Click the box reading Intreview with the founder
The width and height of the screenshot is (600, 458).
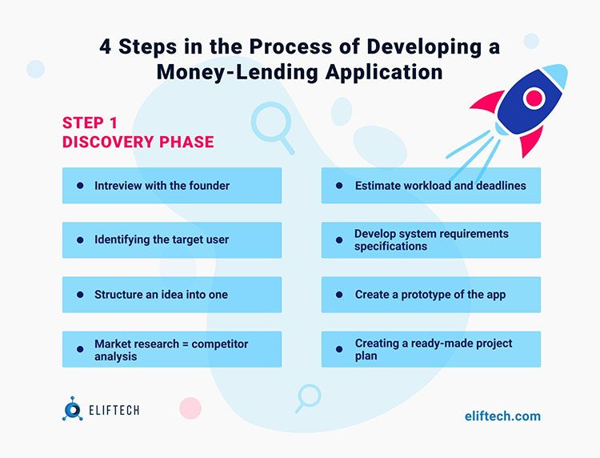pos(172,186)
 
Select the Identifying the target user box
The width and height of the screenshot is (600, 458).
pos(172,240)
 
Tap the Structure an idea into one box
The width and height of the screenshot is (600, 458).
pos(172,295)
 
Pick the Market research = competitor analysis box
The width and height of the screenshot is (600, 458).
pos(172,349)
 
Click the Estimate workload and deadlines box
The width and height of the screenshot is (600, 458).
pos(430,186)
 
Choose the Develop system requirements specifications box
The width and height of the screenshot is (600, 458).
pos(430,240)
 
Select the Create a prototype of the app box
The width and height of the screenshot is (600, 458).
pos(430,295)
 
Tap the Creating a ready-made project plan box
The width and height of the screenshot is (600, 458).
pos(430,349)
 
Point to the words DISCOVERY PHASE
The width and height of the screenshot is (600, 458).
pos(138,143)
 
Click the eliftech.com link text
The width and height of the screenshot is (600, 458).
pos(502,416)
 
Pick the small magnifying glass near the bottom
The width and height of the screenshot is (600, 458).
pos(308,396)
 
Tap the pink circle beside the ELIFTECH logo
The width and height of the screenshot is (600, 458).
pos(190,408)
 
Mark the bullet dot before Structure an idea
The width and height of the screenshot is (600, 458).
pos(80,295)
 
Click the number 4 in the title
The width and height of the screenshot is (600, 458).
pos(106,46)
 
